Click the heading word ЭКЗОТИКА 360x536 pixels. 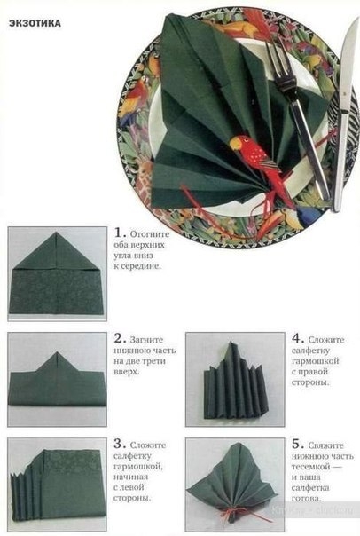[35, 23]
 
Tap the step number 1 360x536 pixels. [118, 233]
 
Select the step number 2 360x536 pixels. [118, 338]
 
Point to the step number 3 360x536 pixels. [118, 444]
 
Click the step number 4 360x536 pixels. [296, 338]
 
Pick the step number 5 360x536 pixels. [296, 444]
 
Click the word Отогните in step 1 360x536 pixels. [150, 234]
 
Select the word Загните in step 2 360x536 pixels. [146, 340]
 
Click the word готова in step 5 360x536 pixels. [305, 498]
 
